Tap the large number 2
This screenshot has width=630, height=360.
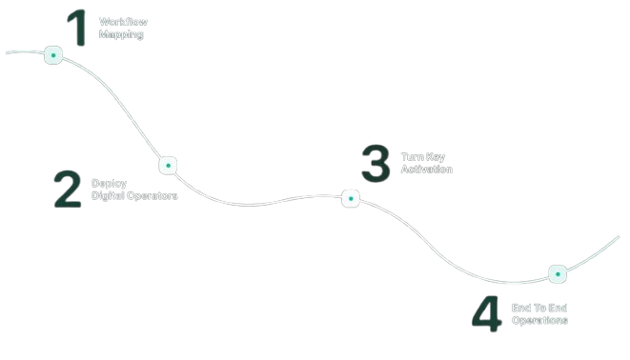point(68,189)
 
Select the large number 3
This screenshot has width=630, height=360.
point(376,163)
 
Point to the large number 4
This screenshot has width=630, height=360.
point(486,314)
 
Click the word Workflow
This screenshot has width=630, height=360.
point(122,21)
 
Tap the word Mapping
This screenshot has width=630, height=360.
point(121,34)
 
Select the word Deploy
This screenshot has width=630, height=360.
point(109,183)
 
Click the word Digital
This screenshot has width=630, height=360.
point(110,196)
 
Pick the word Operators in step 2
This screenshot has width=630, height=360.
point(153,196)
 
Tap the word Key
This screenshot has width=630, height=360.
point(437,156)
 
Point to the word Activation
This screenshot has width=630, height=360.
point(426,170)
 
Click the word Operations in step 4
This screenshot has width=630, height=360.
point(539,321)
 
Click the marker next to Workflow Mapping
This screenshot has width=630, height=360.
point(53,55)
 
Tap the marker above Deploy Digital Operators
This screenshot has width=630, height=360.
point(168,165)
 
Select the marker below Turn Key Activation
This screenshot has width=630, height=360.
point(351,198)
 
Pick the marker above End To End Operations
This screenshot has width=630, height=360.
point(558,274)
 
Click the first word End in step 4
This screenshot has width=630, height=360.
point(521,308)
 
